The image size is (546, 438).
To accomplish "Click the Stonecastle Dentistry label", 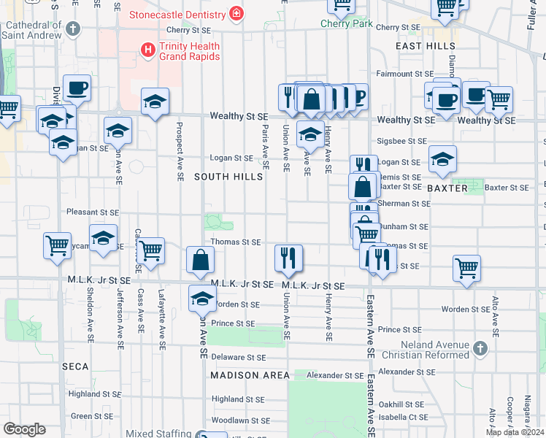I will (x=177, y=14).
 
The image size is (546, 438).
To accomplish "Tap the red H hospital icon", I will (x=147, y=49).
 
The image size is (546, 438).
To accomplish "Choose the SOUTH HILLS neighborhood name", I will (x=228, y=177).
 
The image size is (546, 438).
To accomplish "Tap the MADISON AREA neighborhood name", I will (x=250, y=375).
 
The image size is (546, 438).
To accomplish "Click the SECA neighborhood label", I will (x=75, y=366).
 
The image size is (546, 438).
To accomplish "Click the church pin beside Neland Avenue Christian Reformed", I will (x=480, y=349).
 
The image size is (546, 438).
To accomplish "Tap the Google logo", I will (x=24, y=429).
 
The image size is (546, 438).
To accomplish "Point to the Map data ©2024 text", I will (x=515, y=432).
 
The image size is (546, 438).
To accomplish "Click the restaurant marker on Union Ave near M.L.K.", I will (x=288, y=258).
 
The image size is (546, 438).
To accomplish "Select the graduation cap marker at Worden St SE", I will (x=202, y=298).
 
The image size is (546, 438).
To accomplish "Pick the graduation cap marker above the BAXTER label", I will (x=442, y=160).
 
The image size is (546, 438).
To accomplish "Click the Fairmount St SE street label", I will (x=404, y=74).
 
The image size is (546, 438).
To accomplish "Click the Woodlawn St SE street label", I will (x=238, y=420).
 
